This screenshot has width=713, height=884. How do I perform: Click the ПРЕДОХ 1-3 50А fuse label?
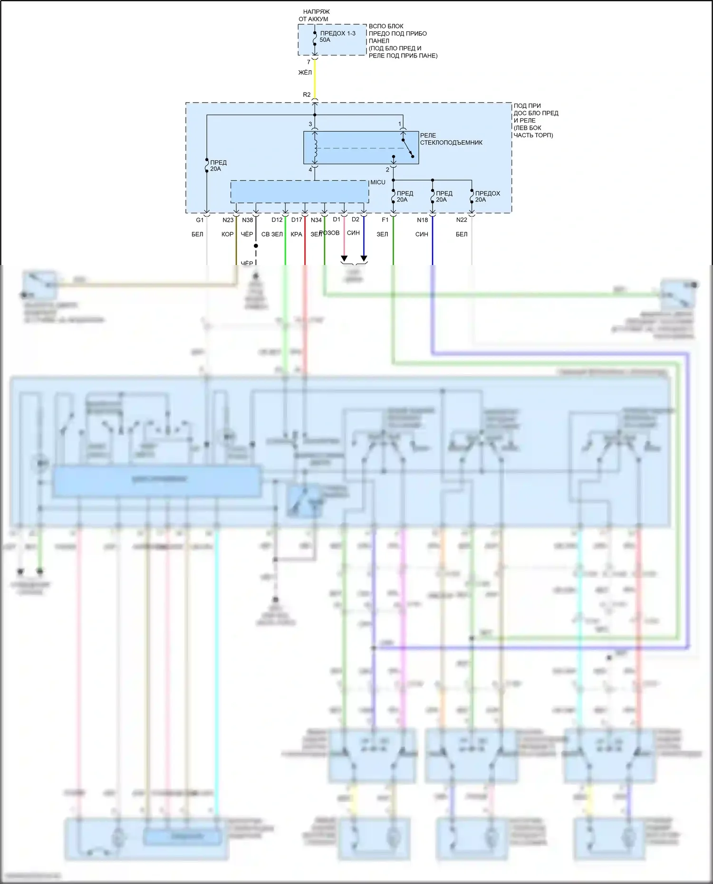[x=337, y=37]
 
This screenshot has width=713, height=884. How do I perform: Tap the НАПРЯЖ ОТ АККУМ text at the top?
[x=314, y=15]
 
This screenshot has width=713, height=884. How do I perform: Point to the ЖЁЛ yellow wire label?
[x=305, y=73]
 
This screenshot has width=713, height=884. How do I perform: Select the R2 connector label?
[x=307, y=95]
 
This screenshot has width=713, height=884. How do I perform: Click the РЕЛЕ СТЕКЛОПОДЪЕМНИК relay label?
[x=451, y=139]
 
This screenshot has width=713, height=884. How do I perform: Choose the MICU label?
[x=378, y=182]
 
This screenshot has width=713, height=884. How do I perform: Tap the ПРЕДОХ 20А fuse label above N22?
[x=487, y=197]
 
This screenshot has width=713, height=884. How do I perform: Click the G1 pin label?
[x=200, y=220]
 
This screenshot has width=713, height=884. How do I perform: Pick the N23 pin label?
[x=228, y=220]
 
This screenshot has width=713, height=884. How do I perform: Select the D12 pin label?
[x=277, y=220]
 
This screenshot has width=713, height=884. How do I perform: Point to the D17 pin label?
[x=297, y=220]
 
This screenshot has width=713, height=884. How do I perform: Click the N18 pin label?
[x=422, y=220]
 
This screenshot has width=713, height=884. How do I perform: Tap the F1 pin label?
[x=385, y=220]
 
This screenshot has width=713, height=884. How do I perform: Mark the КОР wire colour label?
[x=227, y=234]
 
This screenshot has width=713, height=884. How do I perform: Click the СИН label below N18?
[x=422, y=234]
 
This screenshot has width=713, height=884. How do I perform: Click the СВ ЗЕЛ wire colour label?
[x=272, y=234]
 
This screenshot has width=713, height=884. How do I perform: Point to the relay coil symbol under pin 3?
[x=315, y=148]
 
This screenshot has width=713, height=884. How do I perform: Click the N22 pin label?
[x=462, y=220]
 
